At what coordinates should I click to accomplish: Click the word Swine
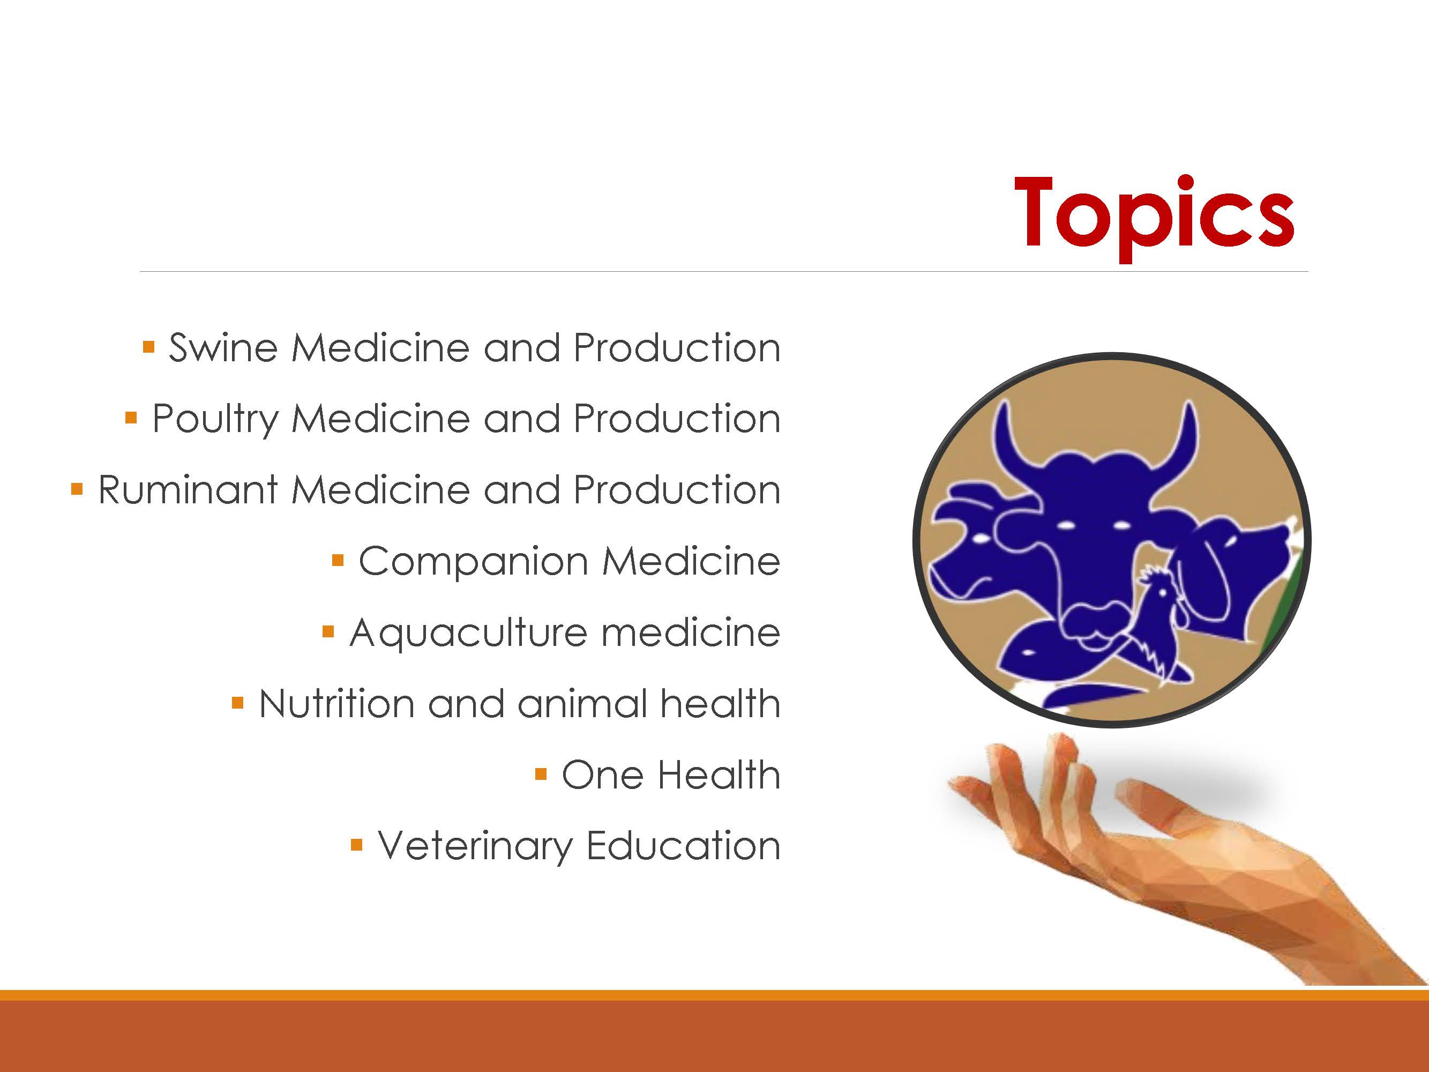pyautogui.click(x=223, y=348)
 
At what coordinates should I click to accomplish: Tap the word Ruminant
pyautogui.click(x=188, y=490)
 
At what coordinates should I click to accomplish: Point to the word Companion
pyautogui.click(x=474, y=562)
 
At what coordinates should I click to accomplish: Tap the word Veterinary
pyautogui.click(x=475, y=846)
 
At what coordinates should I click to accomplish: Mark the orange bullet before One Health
pyautogui.click(x=541, y=774)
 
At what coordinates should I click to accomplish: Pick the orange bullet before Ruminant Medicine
pyautogui.click(x=77, y=489)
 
